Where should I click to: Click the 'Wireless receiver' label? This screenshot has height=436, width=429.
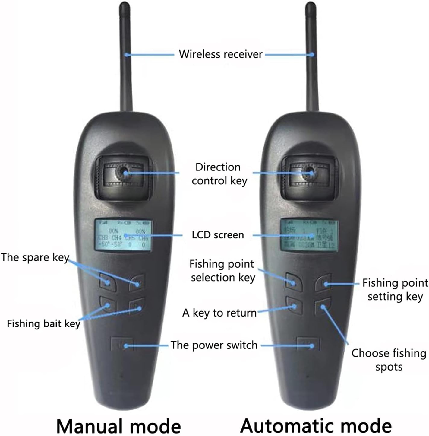coord(221,54)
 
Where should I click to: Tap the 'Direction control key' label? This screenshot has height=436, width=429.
coord(219,174)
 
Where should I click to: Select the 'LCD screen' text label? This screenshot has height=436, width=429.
coord(218,235)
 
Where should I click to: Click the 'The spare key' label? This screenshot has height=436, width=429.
coord(35,257)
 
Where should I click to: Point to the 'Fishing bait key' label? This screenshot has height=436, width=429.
coord(44,323)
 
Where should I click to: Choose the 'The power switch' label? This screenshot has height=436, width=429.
coord(214,345)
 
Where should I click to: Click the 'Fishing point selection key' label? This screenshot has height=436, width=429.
coord(222,271)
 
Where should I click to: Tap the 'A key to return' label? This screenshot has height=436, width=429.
coord(219,313)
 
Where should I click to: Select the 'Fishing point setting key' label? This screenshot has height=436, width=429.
coord(395,290)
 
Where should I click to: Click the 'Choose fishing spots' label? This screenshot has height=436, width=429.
coord(389,360)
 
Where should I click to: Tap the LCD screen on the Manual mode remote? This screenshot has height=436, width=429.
coord(124,235)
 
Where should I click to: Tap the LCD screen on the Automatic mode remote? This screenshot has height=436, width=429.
coord(309,235)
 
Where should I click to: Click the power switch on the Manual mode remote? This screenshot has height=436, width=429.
coord(121,344)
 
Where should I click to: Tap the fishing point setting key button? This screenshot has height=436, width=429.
coord(323,283)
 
